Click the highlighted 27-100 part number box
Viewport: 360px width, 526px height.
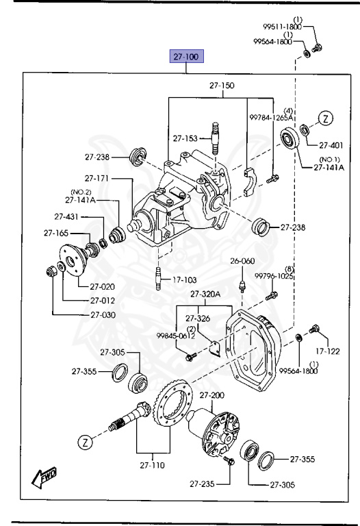coord(187,56)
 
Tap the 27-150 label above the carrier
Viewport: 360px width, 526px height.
coord(222,86)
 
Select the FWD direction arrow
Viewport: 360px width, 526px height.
coord(44,477)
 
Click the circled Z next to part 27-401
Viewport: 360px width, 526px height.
coord(326,118)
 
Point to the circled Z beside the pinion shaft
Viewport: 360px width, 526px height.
coord(85,442)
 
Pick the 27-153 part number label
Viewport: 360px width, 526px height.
coord(185,138)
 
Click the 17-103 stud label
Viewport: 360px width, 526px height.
coord(185,279)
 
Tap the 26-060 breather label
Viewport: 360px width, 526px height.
coord(242,261)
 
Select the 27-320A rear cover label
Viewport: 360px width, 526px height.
coord(205,295)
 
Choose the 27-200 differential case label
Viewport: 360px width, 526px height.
coord(212,395)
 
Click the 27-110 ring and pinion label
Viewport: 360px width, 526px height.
coord(153,465)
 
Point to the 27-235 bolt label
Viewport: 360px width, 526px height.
coord(202,484)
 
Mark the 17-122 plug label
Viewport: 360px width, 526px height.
coord(328,351)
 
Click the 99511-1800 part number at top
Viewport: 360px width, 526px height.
coord(282,27)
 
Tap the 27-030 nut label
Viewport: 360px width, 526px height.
coord(103,314)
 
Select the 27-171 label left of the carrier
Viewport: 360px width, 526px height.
coord(97,178)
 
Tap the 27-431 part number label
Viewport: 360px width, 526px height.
coord(66,216)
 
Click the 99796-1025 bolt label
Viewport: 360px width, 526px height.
coord(274,276)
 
